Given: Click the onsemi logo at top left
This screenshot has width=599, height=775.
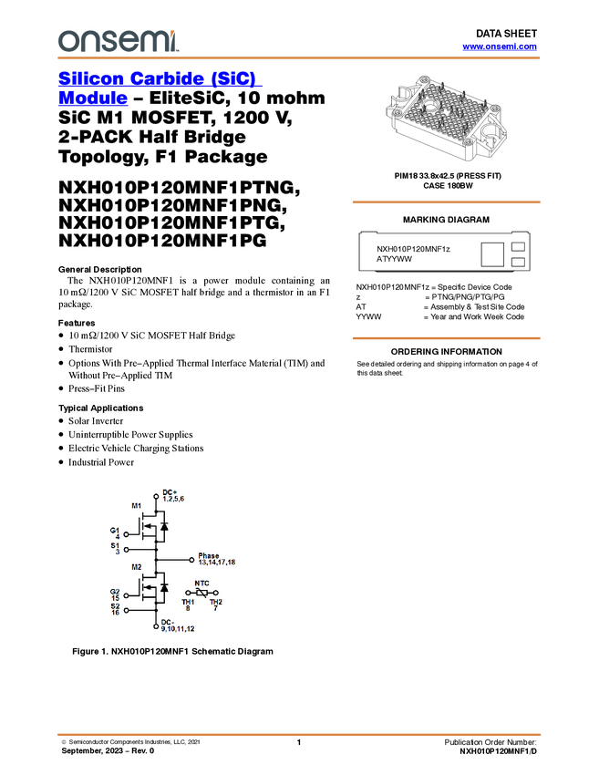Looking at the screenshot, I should pos(118,40).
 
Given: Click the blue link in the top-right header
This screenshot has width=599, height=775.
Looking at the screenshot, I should pos(500,46).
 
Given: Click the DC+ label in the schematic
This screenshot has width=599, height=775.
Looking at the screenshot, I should pos(170,492).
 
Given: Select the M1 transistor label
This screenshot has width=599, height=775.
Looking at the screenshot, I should pos(137,505).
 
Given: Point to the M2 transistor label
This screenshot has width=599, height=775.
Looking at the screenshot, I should pos(137,567).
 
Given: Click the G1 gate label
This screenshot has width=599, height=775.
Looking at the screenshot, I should pos(115,530).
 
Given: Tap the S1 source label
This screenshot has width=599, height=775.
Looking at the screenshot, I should pos(115,545).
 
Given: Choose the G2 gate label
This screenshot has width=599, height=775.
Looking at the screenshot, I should pos(115,592).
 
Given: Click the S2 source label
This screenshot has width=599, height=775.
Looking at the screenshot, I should pos(115,606).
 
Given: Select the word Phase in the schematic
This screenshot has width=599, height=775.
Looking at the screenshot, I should pos(209,555).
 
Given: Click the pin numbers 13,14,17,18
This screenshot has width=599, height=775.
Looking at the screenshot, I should pos(216,563).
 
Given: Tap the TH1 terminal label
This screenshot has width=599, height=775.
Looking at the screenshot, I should pos(188,602).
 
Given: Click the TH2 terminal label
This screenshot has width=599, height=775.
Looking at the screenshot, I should pos(216,602).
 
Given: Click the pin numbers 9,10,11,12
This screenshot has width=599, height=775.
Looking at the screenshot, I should pos(178,629).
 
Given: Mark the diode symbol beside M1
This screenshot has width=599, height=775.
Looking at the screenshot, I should pos(164,526).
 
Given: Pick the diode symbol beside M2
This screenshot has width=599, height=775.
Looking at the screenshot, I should pos(164,587).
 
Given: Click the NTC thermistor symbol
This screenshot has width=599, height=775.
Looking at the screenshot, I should pos(201,592).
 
